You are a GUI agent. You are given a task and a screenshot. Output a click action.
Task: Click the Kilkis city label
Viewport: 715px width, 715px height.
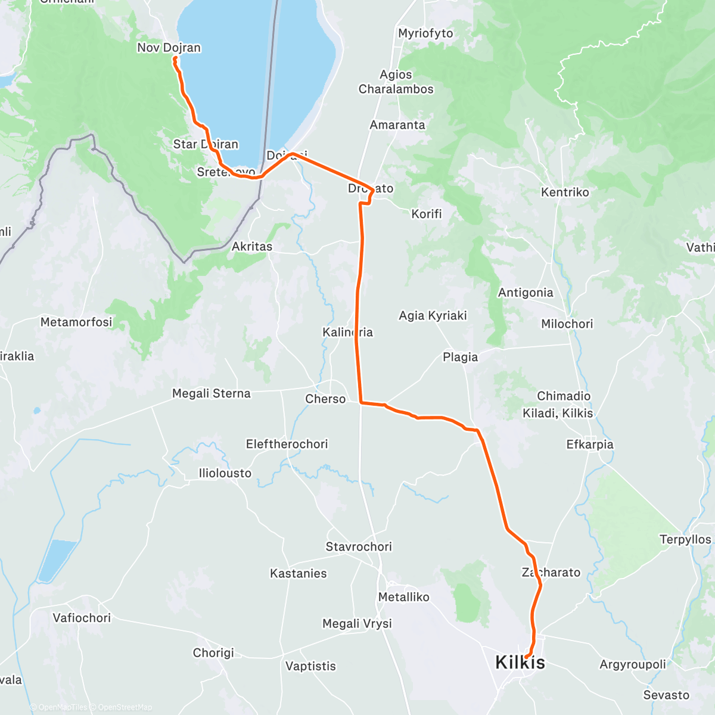coord(520,663)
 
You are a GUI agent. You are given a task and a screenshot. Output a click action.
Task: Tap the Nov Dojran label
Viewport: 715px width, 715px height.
coord(169,48)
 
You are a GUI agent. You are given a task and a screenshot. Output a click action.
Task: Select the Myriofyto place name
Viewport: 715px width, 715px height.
coord(425,33)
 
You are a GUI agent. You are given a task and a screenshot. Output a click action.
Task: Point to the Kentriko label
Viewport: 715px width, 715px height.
coord(565,192)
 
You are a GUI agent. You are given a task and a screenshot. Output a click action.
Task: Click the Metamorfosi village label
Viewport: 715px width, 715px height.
coord(76,322)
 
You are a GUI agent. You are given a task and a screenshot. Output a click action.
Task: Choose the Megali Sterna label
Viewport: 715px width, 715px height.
coord(211,393)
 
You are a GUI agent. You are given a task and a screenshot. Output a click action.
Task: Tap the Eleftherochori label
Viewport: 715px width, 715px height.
coord(287,444)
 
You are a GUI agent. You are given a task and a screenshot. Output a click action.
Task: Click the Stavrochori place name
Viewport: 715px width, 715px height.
coord(359,546)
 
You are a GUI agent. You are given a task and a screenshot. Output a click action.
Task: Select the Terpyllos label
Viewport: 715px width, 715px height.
coord(685,539)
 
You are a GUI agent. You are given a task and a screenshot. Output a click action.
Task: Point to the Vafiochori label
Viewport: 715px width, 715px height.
coord(82,618)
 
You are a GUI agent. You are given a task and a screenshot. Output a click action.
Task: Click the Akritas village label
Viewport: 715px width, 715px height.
coord(252,246)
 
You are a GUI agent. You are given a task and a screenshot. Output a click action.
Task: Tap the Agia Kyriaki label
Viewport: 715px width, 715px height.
coord(433,315)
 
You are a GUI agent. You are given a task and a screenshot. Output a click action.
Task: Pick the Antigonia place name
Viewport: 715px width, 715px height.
coord(526,293)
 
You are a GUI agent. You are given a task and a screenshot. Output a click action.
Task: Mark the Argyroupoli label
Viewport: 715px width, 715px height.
coord(633,664)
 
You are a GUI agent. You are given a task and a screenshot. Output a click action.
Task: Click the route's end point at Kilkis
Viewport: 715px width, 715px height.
coord(527,657)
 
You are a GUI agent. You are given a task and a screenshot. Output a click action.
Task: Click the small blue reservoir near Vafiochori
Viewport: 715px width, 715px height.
coord(56,560)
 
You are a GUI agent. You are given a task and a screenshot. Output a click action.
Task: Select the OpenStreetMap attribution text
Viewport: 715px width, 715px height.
coord(125,707)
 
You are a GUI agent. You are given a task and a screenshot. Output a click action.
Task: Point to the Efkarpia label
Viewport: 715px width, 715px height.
coord(589,444)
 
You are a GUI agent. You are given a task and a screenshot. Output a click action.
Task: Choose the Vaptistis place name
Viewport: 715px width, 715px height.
coord(310,666)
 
